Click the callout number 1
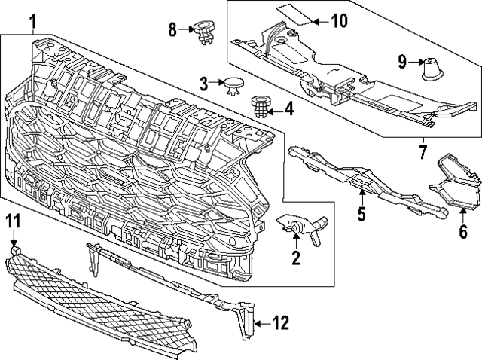(x=32, y=22)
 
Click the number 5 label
(x=361, y=215)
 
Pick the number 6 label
(x=462, y=228)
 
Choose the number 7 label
(x=423, y=153)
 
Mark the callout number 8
(x=172, y=30)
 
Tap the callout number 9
(x=401, y=61)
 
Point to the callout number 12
(x=280, y=324)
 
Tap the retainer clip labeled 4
(x=261, y=107)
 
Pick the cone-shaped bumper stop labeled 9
(x=432, y=68)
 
